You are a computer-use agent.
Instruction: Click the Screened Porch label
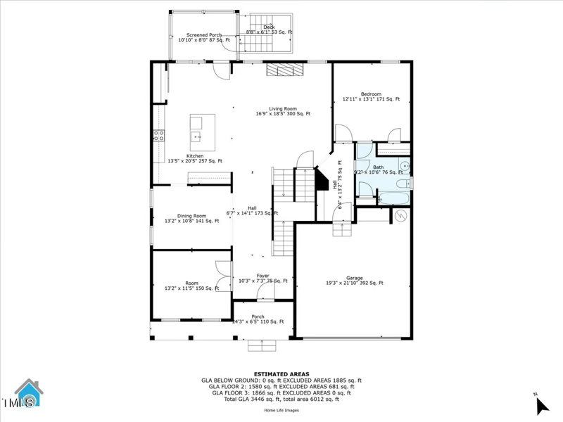tap(203, 34)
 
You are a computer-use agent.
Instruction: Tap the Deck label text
tap(269, 27)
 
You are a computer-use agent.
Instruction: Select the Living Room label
tap(283, 108)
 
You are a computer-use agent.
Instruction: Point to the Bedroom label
tap(371, 94)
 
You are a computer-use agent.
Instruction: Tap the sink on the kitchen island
tap(196, 136)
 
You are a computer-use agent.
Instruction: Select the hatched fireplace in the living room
tap(285, 69)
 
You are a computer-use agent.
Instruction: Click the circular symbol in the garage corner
tap(401, 216)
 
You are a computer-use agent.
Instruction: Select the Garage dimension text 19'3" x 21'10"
tap(354, 283)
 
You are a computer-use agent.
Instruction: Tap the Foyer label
tap(262, 276)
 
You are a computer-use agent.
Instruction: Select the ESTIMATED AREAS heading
tap(281, 374)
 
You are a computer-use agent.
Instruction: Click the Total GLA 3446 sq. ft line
tap(281, 399)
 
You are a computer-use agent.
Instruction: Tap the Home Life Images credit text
tap(281, 410)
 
